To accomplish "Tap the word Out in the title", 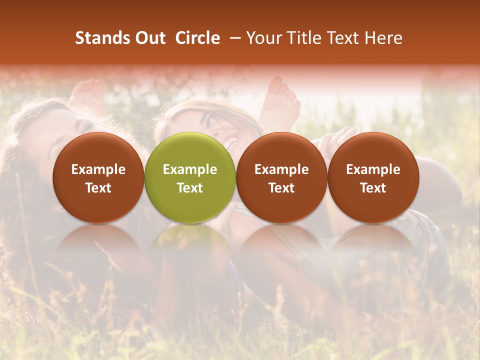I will point(148,38).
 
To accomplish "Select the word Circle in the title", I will point(197,38).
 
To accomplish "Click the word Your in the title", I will point(263,38).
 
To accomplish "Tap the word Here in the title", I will point(383,38).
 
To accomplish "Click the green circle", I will point(190,177).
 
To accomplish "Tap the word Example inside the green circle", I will point(190,169).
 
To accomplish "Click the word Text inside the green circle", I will point(190,188).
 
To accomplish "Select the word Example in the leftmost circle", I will point(98,169).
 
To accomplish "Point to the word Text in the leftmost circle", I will point(98,188).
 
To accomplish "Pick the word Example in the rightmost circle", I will point(373,169).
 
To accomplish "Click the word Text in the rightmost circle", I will point(373,188).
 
